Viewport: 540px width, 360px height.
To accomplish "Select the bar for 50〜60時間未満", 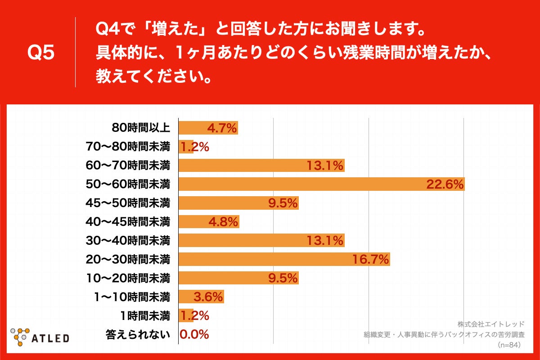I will point(321,184).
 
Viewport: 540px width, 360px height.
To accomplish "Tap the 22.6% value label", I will point(445,184).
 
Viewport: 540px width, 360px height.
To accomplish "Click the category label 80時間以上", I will point(141,128).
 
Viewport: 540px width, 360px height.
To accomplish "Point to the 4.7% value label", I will point(222,128).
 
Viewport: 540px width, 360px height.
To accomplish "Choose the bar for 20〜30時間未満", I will point(284,259).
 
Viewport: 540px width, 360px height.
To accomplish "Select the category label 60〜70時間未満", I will point(128,165).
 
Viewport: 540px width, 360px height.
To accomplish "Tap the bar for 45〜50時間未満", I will point(238,203).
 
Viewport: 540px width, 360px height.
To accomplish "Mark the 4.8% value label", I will point(224,222).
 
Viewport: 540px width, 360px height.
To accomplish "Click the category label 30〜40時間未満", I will point(128,240).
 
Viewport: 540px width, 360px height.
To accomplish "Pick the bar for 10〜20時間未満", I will point(238,278).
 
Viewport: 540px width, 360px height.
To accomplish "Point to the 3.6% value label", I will point(208,297).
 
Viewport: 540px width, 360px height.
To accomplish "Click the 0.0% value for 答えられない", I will point(194,334).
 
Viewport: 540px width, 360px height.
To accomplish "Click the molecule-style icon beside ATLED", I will point(20,335).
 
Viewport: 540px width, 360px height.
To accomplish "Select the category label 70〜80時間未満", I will point(128,147).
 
